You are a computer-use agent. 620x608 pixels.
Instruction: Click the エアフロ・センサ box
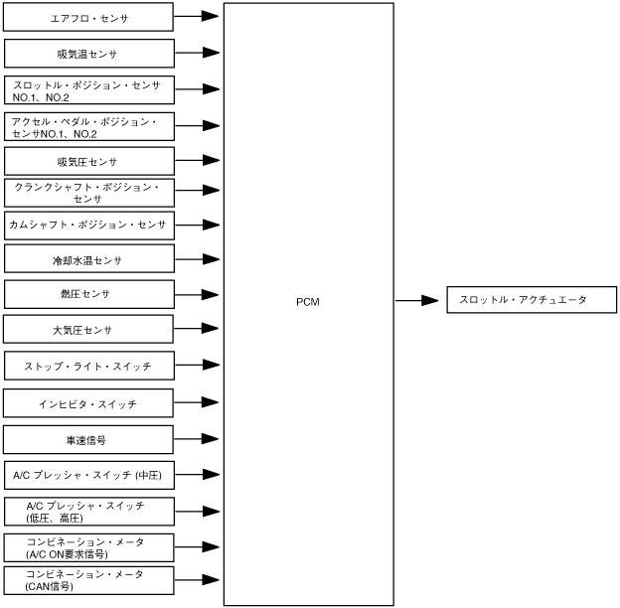pos(89,18)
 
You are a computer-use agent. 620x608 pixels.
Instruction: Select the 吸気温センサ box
pos(89,53)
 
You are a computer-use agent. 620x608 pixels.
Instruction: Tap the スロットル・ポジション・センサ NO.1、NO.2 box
pos(89,89)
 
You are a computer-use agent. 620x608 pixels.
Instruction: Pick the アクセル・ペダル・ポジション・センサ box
pos(89,126)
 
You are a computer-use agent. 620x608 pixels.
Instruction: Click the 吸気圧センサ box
pos(89,161)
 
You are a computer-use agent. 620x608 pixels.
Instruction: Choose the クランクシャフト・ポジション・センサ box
pos(89,192)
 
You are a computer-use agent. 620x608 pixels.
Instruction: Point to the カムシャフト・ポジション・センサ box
pos(89,225)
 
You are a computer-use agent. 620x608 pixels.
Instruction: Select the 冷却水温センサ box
pos(89,259)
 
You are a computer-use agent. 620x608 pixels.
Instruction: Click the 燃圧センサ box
pos(89,294)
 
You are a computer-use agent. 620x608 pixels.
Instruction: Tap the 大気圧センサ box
pos(89,329)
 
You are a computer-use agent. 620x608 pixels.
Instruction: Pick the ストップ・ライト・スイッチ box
pos(89,367)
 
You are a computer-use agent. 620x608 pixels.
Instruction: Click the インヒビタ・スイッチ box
pos(89,403)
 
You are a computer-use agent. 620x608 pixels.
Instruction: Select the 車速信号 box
pos(89,440)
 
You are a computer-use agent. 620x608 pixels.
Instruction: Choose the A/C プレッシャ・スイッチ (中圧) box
pos(89,476)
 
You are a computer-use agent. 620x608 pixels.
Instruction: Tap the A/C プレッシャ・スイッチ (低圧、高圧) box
pos(89,512)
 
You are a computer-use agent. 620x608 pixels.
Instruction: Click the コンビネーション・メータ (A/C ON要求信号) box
pos(89,547)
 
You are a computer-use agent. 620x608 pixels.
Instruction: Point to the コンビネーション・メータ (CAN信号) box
pos(89,580)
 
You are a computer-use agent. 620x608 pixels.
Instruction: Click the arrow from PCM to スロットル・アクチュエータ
pos(417,300)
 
